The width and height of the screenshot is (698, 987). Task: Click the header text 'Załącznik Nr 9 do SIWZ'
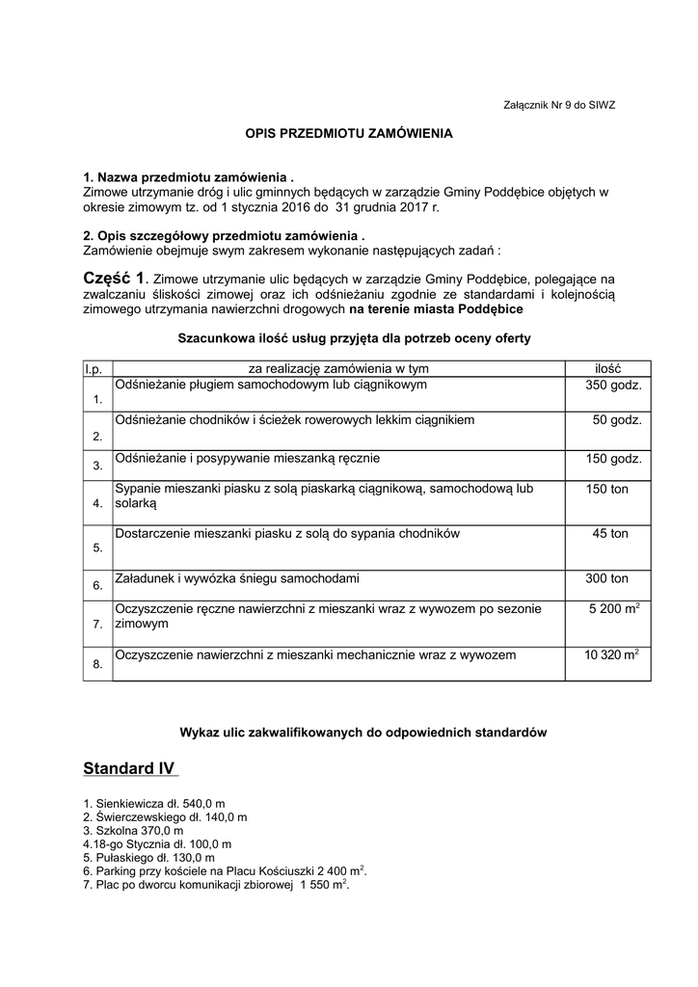(559, 105)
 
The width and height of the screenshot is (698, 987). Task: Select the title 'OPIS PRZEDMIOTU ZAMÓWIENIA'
(348, 134)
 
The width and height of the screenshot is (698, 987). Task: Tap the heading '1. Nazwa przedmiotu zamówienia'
(187, 178)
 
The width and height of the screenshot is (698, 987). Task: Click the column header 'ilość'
(607, 368)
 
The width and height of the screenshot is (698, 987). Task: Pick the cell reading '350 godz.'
(613, 386)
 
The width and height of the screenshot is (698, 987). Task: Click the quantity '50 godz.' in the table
(617, 420)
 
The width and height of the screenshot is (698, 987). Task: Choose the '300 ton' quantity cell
(607, 578)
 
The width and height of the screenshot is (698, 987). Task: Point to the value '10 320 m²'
(611, 654)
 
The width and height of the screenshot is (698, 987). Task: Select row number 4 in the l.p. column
(97, 503)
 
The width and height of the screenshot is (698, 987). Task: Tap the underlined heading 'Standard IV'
(130, 768)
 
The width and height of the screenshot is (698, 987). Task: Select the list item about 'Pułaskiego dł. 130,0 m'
(148, 857)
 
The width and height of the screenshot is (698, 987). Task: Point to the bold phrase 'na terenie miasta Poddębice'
(436, 309)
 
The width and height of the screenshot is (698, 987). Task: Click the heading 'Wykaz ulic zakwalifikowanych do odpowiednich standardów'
(349, 732)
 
